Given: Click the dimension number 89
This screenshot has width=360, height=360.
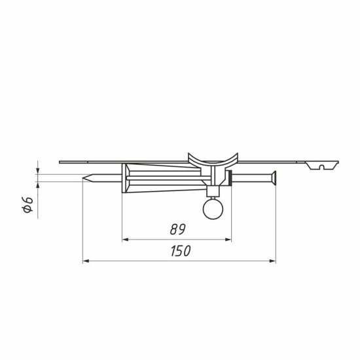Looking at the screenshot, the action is click(x=177, y=229).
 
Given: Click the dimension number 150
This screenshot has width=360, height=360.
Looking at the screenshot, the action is click(x=181, y=251).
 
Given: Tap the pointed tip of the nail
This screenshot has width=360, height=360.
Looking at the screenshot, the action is click(x=83, y=178).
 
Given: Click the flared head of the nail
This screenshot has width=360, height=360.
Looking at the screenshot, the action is click(x=273, y=178).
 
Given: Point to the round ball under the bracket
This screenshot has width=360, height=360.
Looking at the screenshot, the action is click(x=213, y=209).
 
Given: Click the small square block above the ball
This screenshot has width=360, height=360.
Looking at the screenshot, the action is click(x=213, y=191).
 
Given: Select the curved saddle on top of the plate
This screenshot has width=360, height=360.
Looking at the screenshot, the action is click(x=213, y=160).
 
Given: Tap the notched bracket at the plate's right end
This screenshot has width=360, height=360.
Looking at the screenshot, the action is click(x=322, y=166).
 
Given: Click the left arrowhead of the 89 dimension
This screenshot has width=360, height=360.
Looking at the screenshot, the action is click(x=125, y=240).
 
